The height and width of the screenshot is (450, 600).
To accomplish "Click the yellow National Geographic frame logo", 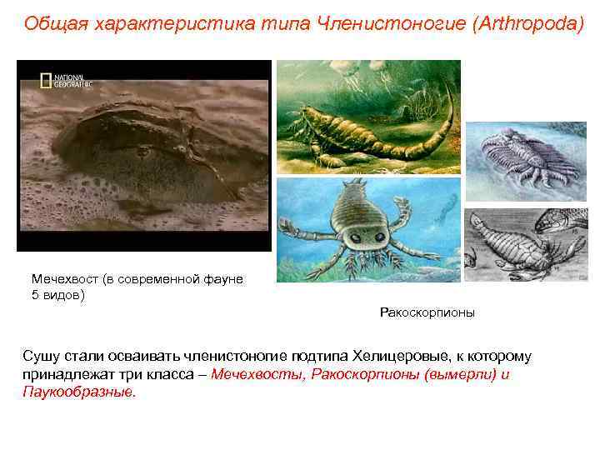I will [x=47, y=81].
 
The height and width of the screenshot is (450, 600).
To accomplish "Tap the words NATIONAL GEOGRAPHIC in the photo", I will [x=73, y=81].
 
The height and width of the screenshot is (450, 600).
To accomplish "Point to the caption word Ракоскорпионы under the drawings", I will [x=427, y=313].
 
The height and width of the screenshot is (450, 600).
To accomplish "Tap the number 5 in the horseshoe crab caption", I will [x=35, y=294].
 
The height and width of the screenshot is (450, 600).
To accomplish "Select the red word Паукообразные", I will [x=78, y=391].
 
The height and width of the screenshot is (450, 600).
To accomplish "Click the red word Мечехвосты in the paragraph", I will [x=258, y=374].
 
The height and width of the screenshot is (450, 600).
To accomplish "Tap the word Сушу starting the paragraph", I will [x=41, y=357].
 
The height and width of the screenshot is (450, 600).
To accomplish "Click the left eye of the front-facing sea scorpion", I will [x=357, y=237].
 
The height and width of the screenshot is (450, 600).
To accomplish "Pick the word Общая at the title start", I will [x=50, y=22].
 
